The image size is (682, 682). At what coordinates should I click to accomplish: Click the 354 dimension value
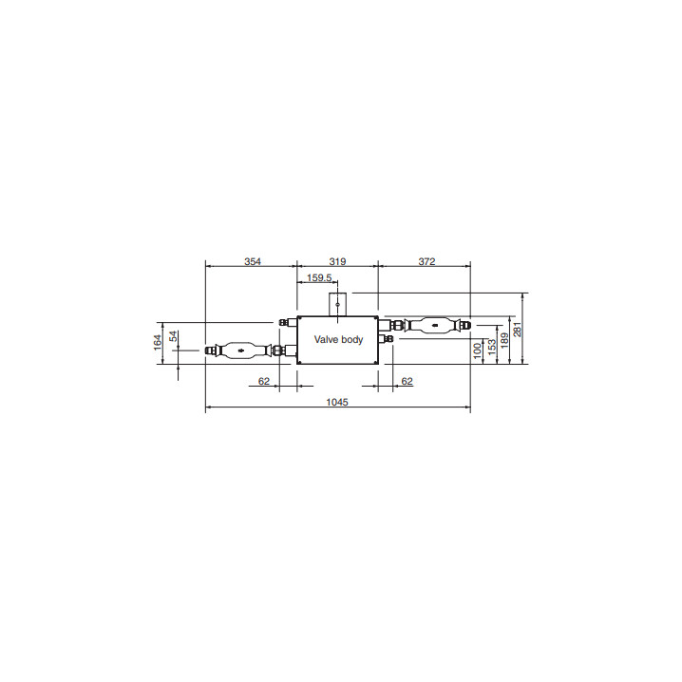pyautogui.click(x=253, y=261)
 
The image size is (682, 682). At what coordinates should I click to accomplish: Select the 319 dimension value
pyautogui.click(x=337, y=261)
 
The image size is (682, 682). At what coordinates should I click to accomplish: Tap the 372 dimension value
pyautogui.click(x=426, y=261)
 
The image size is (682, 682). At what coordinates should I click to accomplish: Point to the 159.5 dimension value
pyautogui.click(x=319, y=277)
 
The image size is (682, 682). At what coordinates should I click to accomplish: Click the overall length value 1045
pyautogui.click(x=337, y=402)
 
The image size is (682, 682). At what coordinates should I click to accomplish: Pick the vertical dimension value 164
pyautogui.click(x=158, y=342)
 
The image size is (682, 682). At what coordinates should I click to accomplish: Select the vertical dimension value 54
pyautogui.click(x=173, y=336)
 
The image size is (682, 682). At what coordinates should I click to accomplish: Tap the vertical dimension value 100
pyautogui.click(x=477, y=351)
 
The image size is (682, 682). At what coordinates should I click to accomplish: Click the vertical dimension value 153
pyautogui.click(x=491, y=347)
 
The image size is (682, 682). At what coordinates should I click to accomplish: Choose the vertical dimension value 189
pyautogui.click(x=504, y=341)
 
